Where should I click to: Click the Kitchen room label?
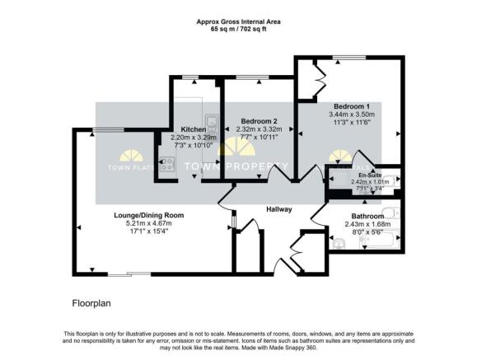point(193,129)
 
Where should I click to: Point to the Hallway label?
point(279,209)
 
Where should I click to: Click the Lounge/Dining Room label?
point(148,215)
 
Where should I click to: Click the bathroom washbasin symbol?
point(340,242)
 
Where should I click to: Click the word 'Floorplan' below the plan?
point(91,302)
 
